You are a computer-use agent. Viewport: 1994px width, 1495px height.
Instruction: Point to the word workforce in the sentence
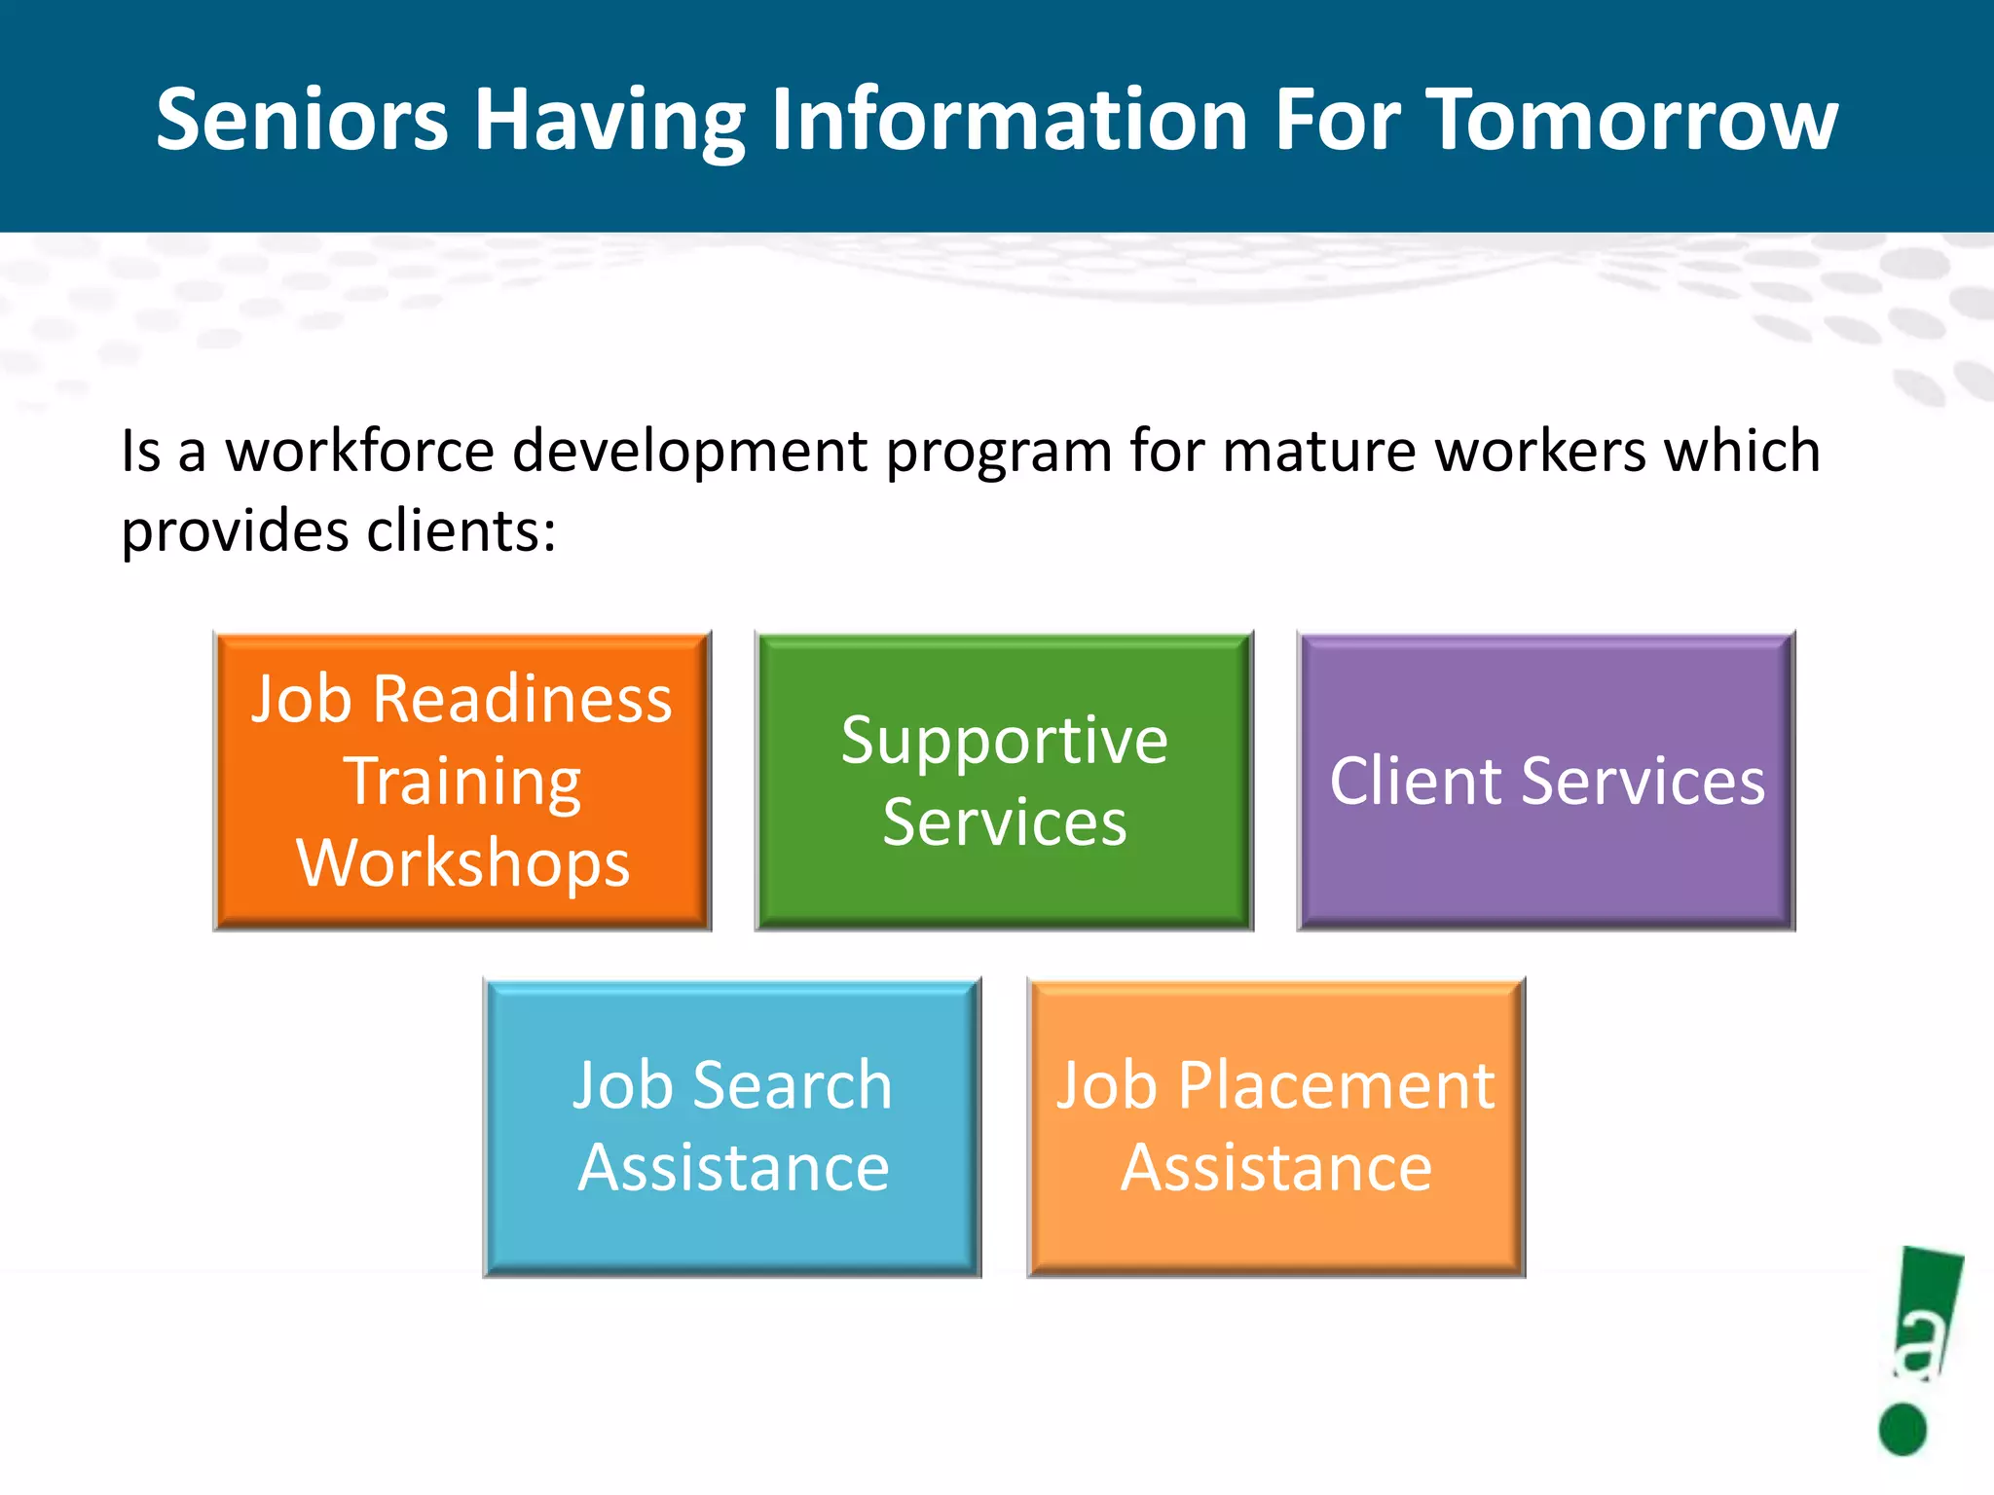[x=360, y=451]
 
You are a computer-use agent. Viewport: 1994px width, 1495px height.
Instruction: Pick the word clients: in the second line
[x=462, y=531]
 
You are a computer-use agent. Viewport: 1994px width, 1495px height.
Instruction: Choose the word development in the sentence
[x=689, y=451]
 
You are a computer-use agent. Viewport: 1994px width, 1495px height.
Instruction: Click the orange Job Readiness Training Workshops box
[x=462, y=781]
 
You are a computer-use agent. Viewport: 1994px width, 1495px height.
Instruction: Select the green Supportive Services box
[x=1004, y=781]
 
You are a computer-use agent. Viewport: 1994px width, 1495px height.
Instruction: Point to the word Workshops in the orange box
[x=463, y=862]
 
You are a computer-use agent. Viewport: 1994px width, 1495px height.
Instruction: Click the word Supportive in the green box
[x=1004, y=742]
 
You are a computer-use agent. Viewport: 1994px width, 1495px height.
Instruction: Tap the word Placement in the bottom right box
[x=1336, y=1085]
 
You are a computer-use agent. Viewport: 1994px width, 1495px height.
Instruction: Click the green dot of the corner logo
[x=1902, y=1429]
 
